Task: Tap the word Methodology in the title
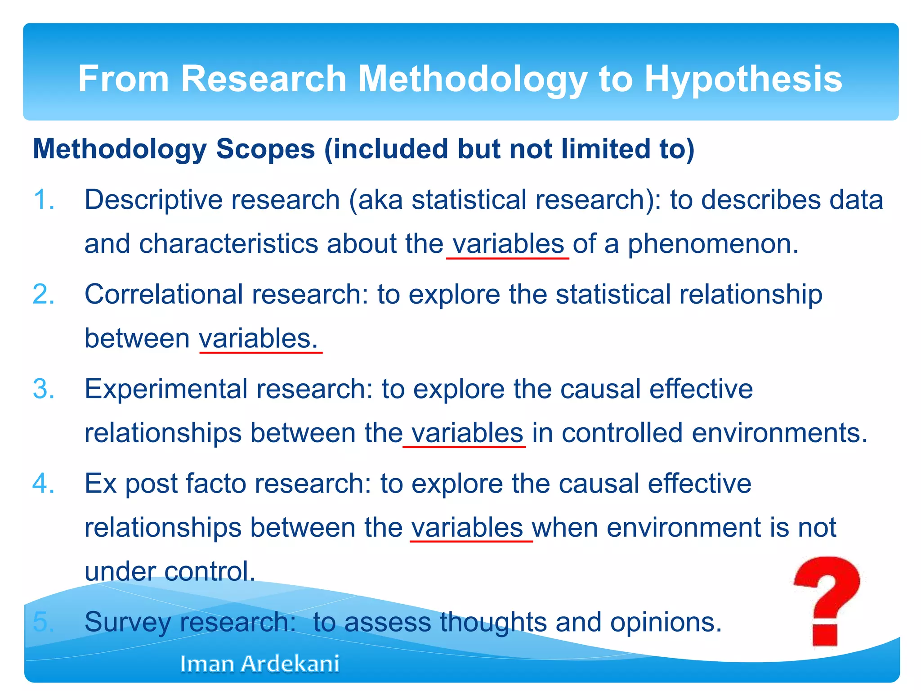(x=472, y=79)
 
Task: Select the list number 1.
(x=44, y=200)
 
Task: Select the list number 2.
(x=44, y=294)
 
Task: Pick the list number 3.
(x=44, y=389)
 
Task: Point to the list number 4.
(x=44, y=484)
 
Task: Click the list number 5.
(x=44, y=622)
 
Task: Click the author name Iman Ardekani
(x=259, y=664)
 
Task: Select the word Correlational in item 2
(x=164, y=294)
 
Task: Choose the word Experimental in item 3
(x=166, y=389)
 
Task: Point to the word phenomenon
(x=713, y=244)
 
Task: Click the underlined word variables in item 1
(x=508, y=244)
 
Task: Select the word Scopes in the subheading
(x=265, y=149)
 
